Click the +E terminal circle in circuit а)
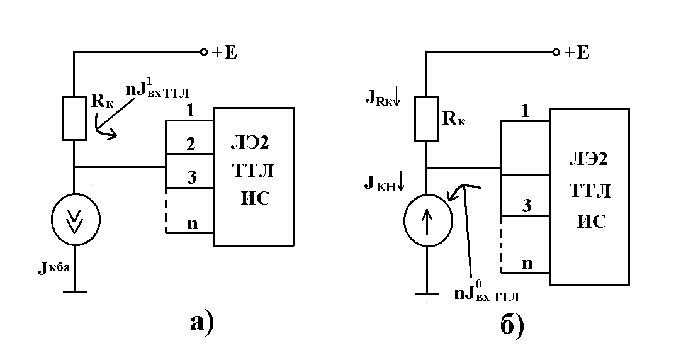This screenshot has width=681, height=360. [203, 52]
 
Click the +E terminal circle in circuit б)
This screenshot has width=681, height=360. [556, 52]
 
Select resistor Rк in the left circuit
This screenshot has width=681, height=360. [74, 118]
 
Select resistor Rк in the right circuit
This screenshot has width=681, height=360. [427, 118]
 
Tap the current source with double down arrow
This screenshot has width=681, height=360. [76, 219]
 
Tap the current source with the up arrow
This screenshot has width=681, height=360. [428, 220]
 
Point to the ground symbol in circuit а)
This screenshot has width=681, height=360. [75, 292]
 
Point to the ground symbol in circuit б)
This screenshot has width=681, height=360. [427, 293]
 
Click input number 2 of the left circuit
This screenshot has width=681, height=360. [191, 144]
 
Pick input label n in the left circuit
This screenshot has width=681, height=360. [192, 224]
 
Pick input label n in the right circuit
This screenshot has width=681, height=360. [527, 264]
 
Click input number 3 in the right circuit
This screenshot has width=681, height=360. [526, 205]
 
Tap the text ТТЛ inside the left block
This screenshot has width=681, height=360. [253, 171]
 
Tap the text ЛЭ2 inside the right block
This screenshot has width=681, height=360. [588, 159]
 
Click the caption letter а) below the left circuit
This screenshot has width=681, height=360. [203, 323]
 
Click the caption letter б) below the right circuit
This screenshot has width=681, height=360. [512, 324]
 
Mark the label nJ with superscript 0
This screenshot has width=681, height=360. [487, 292]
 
